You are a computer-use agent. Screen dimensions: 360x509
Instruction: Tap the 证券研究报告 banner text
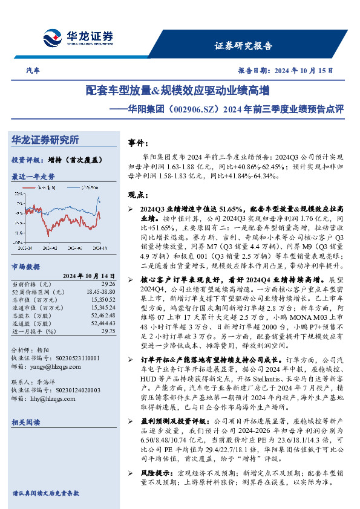[243, 45]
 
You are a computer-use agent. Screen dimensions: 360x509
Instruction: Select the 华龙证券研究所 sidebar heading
[45, 140]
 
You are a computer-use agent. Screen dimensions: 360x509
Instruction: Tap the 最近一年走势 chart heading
[33, 177]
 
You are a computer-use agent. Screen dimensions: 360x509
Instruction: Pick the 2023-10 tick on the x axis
[26, 247]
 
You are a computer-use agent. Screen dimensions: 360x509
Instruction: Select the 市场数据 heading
[25, 266]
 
